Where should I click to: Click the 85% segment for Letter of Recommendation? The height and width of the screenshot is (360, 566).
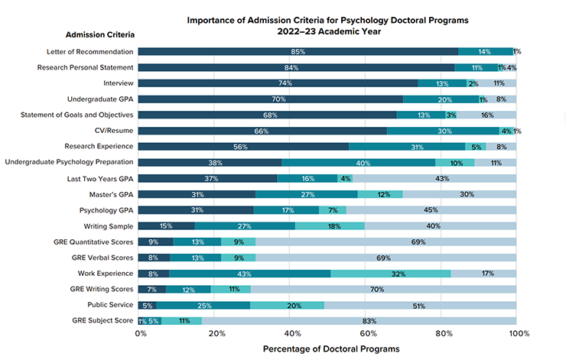pos(298,51)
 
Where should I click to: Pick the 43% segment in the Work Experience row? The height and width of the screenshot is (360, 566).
pos(250,274)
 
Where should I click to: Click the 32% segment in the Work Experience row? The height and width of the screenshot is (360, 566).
pos(391,274)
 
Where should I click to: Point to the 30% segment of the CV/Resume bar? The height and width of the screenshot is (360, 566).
pos(443,131)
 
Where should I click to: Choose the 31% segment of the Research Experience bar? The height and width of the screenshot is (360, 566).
pos(407,147)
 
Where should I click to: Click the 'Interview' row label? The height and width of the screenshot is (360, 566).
pos(119,83)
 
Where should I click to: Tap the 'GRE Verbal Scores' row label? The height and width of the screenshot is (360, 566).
pos(102,258)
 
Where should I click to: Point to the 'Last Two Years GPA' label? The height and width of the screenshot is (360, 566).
pos(99,178)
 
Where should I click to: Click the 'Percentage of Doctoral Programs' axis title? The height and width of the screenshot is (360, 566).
pos(330,349)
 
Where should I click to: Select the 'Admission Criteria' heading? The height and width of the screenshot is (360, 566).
pos(100,35)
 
